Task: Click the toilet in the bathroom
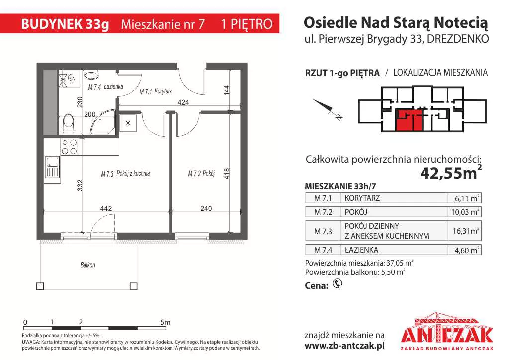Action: pyautogui.click(x=69, y=123)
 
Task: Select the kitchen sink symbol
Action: pyautogui.click(x=52, y=167)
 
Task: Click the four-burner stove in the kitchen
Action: pyautogui.click(x=69, y=147)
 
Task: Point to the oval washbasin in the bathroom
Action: pyautogui.click(x=91, y=75)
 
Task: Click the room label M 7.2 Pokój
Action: pyautogui.click(x=201, y=174)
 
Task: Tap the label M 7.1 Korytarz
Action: pyautogui.click(x=156, y=91)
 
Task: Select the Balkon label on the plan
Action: pyautogui.click(x=87, y=265)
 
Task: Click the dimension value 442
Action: pyautogui.click(x=106, y=208)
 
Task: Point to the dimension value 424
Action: pyautogui.click(x=183, y=102)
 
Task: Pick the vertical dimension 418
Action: pyautogui.click(x=227, y=174)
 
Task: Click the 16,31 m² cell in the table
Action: pyautogui.click(x=464, y=231)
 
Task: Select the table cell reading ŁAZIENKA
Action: pyautogui.click(x=361, y=250)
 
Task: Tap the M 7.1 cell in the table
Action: pyautogui.click(x=323, y=198)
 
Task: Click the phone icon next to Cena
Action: pyautogui.click(x=338, y=284)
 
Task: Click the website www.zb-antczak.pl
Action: pyautogui.click(x=344, y=346)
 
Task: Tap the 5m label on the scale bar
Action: pyautogui.click(x=165, y=322)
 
